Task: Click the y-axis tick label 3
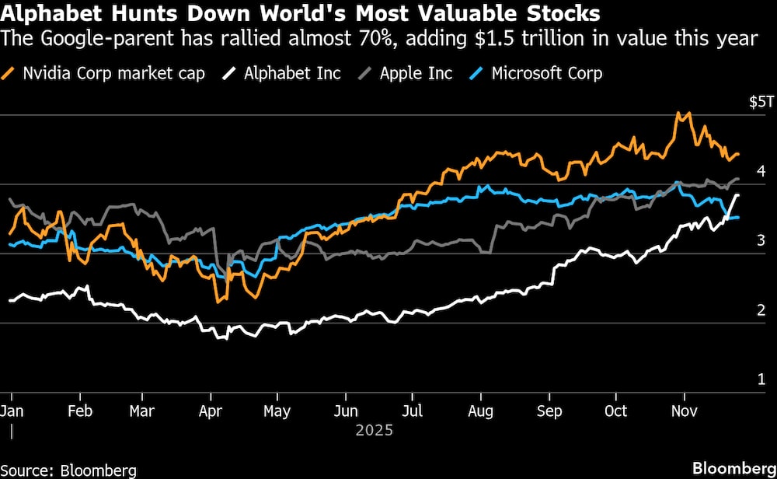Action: click(761, 241)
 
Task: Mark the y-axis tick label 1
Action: click(761, 379)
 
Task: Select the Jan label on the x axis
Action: click(12, 411)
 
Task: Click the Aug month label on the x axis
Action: click(482, 411)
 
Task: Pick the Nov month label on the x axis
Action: click(682, 411)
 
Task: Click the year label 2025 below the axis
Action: click(375, 430)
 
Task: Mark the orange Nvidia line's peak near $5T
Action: click(679, 114)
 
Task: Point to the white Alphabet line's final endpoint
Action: click(737, 194)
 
